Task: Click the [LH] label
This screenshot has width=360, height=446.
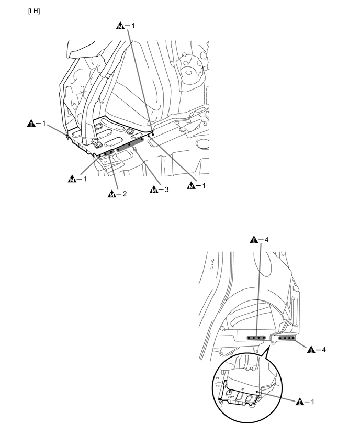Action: click(x=33, y=11)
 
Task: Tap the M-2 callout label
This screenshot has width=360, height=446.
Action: click(x=117, y=195)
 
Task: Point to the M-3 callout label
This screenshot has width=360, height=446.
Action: click(x=160, y=189)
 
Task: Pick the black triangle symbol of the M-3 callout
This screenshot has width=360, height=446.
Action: click(x=153, y=189)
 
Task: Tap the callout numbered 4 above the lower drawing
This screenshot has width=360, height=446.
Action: click(x=260, y=241)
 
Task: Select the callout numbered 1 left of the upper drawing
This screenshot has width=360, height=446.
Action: click(x=37, y=124)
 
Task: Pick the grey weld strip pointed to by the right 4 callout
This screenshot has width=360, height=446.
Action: click(x=287, y=338)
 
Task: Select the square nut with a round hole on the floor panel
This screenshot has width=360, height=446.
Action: click(x=129, y=130)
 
